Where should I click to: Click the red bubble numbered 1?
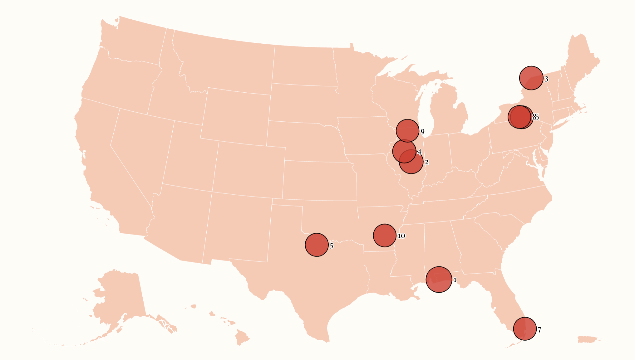point(439,280)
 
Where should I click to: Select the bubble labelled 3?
point(531,78)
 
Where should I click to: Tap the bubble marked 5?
point(317,245)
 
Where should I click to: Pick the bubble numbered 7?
point(525,329)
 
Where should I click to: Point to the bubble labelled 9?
point(407,131)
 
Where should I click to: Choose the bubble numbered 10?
point(385,236)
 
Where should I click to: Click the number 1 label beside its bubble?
point(455,280)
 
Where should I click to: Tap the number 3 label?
point(546,79)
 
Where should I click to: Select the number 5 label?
point(332,246)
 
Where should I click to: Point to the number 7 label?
point(539,330)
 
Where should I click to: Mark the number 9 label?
point(422,132)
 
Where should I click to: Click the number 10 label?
point(401,236)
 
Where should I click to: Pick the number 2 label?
point(426,162)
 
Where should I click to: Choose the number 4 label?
point(419,152)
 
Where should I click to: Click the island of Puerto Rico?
point(589,339)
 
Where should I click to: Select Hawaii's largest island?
point(242,338)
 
